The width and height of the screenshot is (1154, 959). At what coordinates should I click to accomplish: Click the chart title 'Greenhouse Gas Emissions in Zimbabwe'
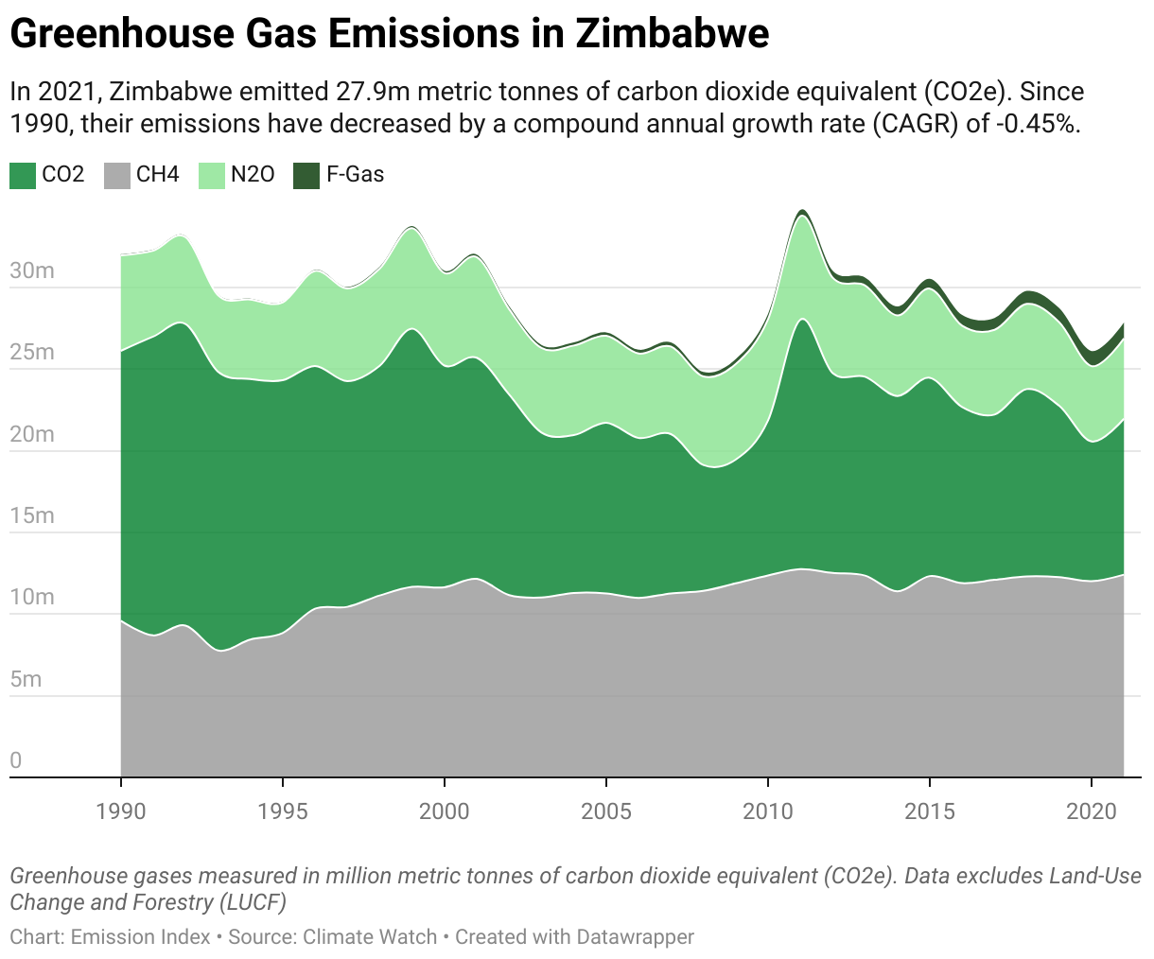389,35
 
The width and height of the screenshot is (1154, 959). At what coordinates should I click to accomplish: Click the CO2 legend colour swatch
23,175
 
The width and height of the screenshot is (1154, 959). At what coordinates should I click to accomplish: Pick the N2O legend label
253,175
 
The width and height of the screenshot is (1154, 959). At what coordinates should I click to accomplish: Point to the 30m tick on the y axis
32,271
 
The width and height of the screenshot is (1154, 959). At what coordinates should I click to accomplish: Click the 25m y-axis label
32,353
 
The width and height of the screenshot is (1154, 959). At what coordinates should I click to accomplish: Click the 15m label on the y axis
32,516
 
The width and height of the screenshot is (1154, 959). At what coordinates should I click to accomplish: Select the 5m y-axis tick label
26,679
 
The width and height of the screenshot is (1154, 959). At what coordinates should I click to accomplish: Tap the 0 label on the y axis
16,760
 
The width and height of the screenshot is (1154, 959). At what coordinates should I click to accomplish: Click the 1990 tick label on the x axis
121,811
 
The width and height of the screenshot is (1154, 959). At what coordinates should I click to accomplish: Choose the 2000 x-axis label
445,811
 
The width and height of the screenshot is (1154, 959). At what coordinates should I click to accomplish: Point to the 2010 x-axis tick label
768,811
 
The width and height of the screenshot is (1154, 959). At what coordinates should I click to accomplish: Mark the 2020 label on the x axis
1092,811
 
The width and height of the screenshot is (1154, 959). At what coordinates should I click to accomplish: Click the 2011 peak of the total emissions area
801,211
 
